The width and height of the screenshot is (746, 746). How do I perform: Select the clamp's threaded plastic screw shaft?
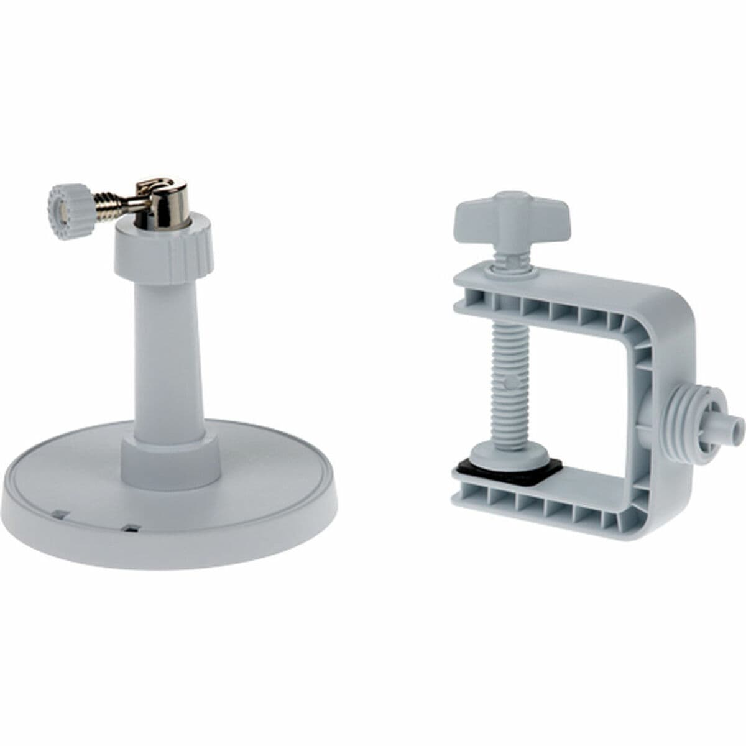(508, 379)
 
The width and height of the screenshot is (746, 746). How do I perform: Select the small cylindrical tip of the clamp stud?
(734, 426)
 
